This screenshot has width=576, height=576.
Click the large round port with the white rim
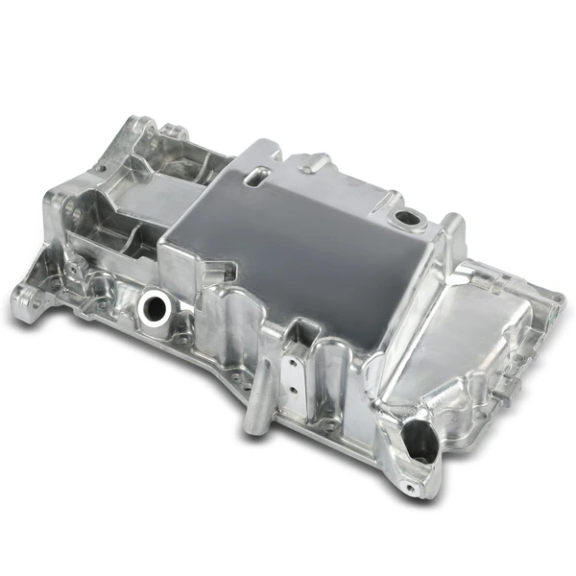(153, 307)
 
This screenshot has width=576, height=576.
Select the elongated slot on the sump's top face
(258, 177)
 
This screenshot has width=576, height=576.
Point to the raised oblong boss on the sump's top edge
(316, 164)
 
